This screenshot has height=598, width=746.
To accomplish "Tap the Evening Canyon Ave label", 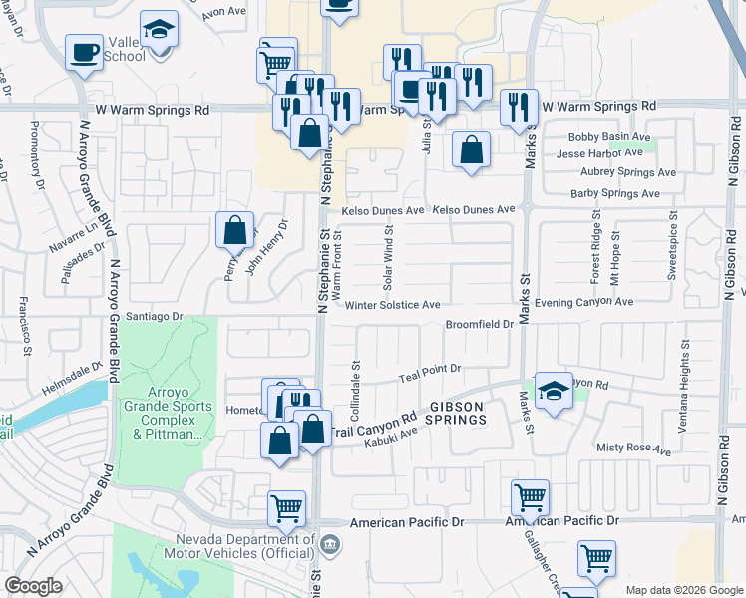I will point(584,302).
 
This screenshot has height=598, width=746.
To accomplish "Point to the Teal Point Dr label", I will point(430,369).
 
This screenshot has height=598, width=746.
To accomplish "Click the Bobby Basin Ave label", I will point(608,137).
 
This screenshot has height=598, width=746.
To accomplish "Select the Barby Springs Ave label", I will point(620,194).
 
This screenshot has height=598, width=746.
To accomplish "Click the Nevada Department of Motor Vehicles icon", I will point(332,543).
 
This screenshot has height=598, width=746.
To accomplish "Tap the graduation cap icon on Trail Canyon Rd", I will point(552,391).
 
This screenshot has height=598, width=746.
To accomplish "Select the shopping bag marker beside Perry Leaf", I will point(234,230).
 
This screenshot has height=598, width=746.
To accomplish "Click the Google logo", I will point(33,586).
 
